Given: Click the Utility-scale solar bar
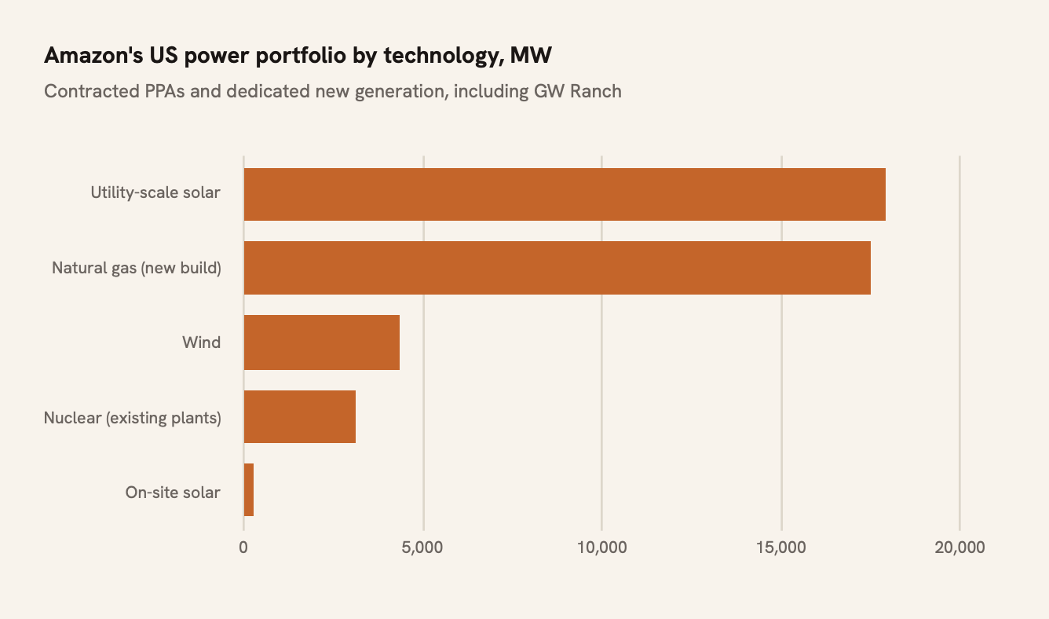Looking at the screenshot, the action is pyautogui.click(x=565, y=194).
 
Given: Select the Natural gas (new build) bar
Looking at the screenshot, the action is pyautogui.click(x=557, y=268).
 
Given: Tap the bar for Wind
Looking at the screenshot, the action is pyautogui.click(x=322, y=342).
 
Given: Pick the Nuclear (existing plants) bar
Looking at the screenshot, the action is pyautogui.click(x=300, y=416).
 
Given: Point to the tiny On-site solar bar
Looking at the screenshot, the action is pyautogui.click(x=249, y=489).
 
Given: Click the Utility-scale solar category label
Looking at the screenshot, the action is pyautogui.click(x=155, y=192).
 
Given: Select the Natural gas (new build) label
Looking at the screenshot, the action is pyautogui.click(x=137, y=268).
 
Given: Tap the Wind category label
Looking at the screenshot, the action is pyautogui.click(x=201, y=342).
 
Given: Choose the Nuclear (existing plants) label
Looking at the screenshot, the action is pyautogui.click(x=133, y=418).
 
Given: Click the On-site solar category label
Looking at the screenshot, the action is pyautogui.click(x=173, y=493).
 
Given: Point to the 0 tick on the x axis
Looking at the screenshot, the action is pyautogui.click(x=243, y=548).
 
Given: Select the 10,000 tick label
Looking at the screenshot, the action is pyautogui.click(x=601, y=548).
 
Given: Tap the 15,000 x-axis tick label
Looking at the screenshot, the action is pyautogui.click(x=781, y=548).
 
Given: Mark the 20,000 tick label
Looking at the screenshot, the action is pyautogui.click(x=959, y=548).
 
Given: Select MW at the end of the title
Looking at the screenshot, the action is pyautogui.click(x=531, y=55).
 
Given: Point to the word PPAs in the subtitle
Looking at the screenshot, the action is pyautogui.click(x=164, y=91).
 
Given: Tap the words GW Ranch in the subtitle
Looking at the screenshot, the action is pyautogui.click(x=578, y=91).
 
